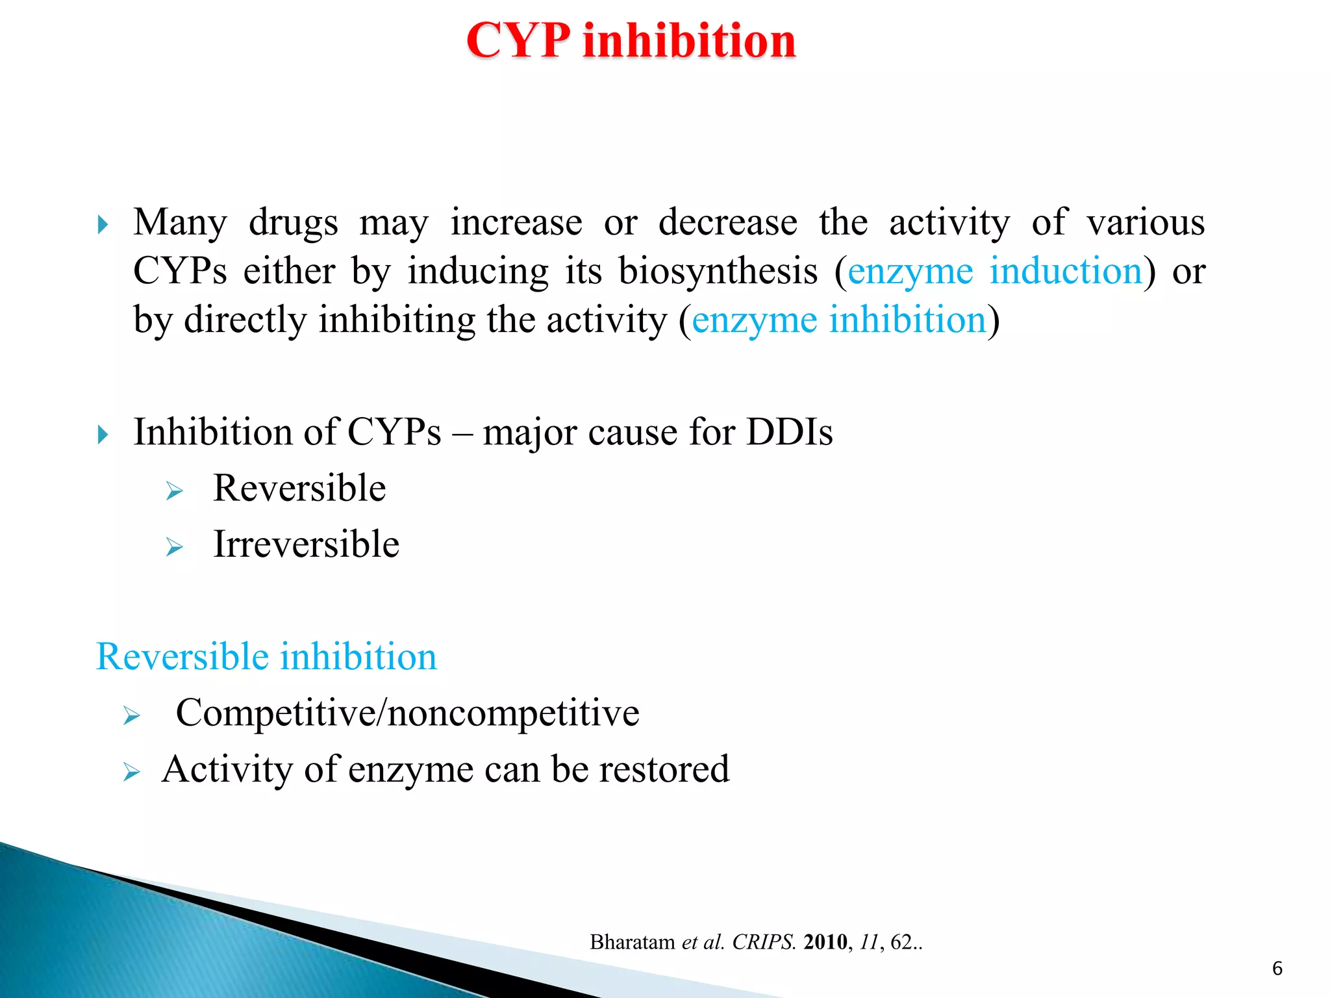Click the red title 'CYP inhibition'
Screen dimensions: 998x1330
(631, 40)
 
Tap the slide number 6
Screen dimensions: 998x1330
(1277, 969)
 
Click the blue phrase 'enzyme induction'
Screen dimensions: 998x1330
(994, 271)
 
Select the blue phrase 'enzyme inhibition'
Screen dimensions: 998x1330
(838, 320)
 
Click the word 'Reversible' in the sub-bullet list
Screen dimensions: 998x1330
(299, 489)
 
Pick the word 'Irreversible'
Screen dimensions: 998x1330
(306, 544)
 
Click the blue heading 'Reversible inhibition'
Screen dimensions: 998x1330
(266, 656)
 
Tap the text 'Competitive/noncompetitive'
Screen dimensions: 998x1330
(407, 713)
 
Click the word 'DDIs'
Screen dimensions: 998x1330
(789, 432)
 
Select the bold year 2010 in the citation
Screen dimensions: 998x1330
(825, 942)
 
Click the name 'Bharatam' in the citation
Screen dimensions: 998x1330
(632, 942)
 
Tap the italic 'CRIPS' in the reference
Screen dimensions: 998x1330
(763, 942)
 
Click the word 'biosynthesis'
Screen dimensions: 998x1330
(718, 271)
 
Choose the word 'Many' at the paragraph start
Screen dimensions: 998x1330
(180, 222)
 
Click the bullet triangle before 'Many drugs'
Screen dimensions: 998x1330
(103, 225)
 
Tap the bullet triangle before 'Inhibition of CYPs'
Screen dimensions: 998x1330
(103, 435)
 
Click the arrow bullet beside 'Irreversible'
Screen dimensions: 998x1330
(174, 547)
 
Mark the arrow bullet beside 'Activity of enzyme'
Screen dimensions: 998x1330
(131, 772)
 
